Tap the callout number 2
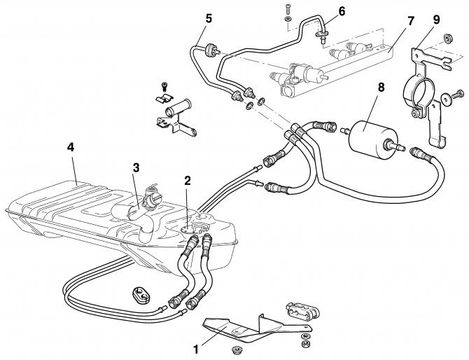(x=188, y=181)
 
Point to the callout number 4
(x=71, y=147)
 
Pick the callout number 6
(x=342, y=11)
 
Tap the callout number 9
(x=436, y=19)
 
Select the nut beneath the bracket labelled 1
(x=233, y=349)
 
